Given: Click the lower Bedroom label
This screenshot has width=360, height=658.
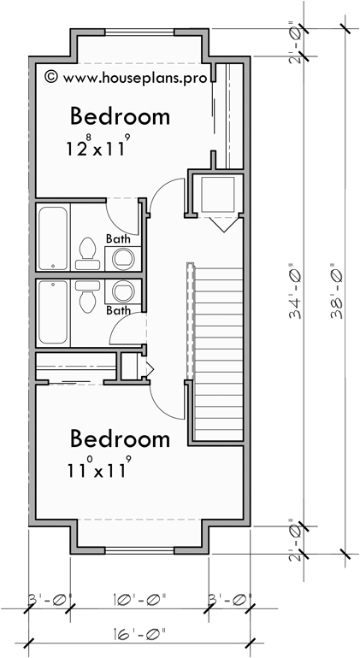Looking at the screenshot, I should (x=119, y=439).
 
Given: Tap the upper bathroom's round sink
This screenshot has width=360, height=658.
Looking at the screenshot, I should (x=123, y=257).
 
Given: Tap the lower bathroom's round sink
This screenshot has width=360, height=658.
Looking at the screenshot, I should (x=123, y=291).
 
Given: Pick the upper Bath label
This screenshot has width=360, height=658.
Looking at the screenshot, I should (x=118, y=238).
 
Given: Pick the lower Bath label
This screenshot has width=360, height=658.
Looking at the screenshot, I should (x=118, y=310).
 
